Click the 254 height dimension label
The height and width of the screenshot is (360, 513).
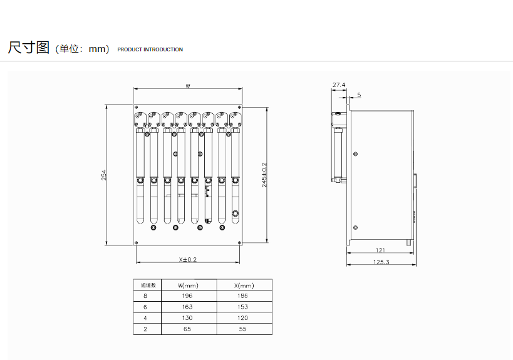coord(104,175)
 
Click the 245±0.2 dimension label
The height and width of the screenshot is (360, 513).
coord(264,175)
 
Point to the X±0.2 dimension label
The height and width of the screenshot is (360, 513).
coord(188,260)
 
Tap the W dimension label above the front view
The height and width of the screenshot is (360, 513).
coord(188,86)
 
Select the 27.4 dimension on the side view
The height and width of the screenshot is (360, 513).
coord(339,85)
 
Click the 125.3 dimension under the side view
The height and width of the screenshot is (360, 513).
coord(381,262)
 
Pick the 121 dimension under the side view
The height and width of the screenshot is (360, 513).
coord(380,250)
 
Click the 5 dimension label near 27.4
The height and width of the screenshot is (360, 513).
coord(359,95)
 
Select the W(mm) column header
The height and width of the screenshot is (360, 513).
coord(188,285)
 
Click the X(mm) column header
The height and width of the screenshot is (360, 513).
coord(244,285)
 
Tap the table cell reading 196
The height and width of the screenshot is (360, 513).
coord(187,296)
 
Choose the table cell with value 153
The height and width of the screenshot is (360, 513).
coord(243,307)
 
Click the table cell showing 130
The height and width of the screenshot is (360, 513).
coord(187,318)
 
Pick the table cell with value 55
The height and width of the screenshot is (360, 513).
coord(243,329)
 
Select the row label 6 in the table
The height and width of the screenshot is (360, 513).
coord(145,307)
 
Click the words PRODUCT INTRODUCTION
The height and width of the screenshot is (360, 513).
coord(150,49)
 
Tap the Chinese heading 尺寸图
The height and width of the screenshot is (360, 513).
coord(28,48)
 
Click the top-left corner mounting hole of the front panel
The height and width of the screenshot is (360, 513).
coord(137,107)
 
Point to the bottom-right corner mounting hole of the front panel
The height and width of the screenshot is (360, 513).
coord(239,243)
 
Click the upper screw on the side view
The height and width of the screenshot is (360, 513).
coord(356,154)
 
